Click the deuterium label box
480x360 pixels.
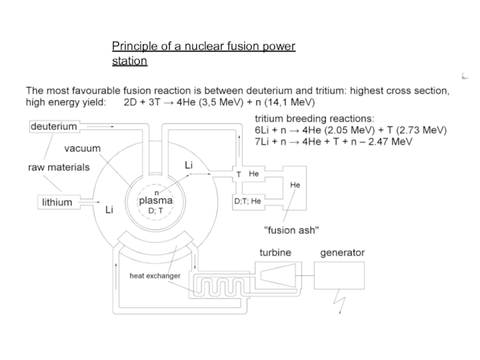[x=54, y=127]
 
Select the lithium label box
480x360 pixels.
[x=57, y=202]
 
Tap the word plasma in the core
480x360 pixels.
[x=156, y=201]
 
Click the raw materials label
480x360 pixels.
[x=59, y=167]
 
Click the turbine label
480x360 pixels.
[x=275, y=253]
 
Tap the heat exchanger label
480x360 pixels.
[x=155, y=276]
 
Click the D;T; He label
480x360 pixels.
[x=247, y=201]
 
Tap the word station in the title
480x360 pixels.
[x=129, y=61]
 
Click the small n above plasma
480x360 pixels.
[x=157, y=191]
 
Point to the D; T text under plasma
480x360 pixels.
[x=156, y=211]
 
